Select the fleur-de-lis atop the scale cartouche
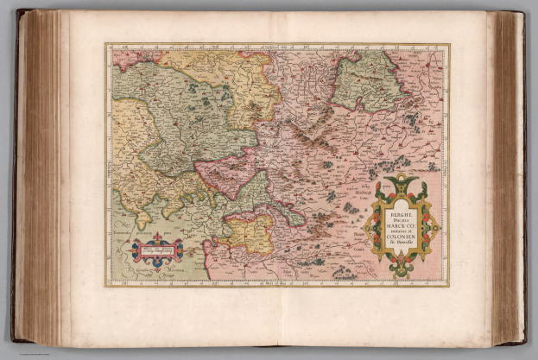coord(157,235)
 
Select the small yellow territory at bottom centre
coord(249,231)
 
